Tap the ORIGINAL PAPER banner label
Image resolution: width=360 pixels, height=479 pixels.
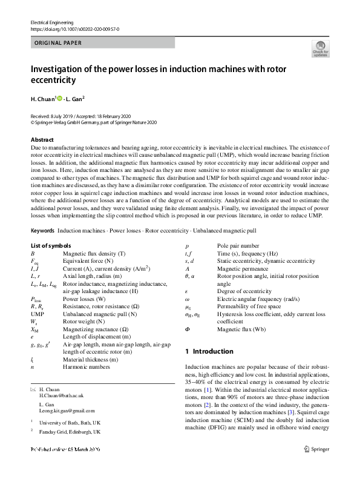coord(58,43)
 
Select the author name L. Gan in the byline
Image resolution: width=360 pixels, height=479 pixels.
coord(76,99)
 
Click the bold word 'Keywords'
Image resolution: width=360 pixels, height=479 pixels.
coord(42,231)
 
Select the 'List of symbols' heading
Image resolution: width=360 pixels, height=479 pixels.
coord(51,246)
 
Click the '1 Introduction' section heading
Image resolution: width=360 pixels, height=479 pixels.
coord(209,351)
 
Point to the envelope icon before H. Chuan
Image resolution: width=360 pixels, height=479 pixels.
coord(33,388)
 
